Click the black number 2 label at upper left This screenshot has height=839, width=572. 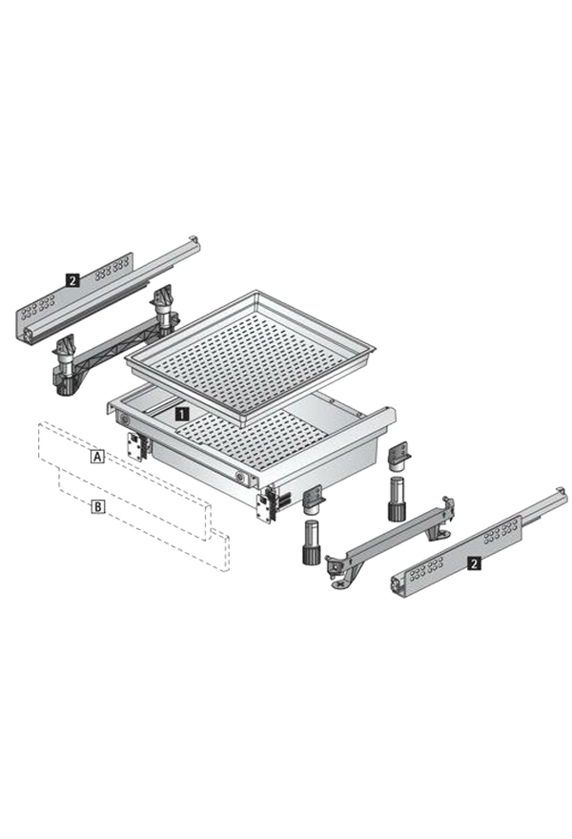click(71, 281)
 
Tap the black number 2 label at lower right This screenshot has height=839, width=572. click(473, 564)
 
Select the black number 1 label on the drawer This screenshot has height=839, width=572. click(182, 414)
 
